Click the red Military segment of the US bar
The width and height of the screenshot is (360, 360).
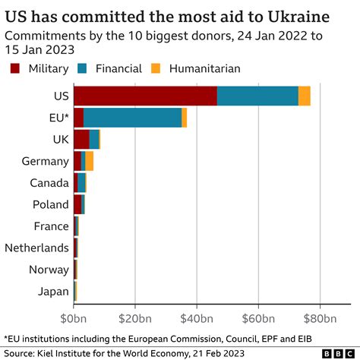(x=145, y=96)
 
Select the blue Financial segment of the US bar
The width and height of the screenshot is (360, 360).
(x=257, y=96)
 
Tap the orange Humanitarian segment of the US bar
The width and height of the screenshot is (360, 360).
(x=304, y=96)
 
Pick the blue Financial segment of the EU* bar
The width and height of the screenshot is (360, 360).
(x=132, y=118)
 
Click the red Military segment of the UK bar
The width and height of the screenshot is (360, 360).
(x=81, y=139)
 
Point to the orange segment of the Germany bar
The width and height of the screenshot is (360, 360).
(x=90, y=161)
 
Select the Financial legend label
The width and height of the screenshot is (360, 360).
(x=113, y=68)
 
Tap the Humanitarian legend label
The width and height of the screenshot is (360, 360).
(x=204, y=68)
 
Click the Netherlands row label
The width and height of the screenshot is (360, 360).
(x=36, y=248)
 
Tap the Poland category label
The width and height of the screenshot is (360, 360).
(x=51, y=204)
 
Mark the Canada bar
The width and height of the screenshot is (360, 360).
(x=80, y=182)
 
